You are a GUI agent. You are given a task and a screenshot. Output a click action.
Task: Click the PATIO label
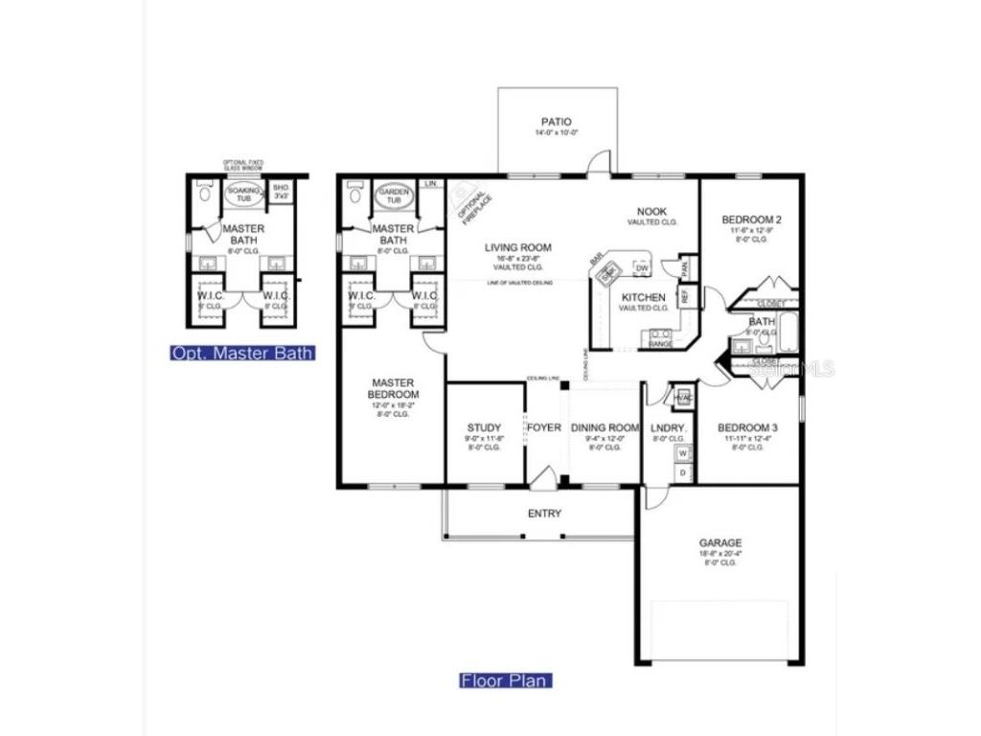click(556, 122)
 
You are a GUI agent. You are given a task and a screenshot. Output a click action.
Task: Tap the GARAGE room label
click(719, 543)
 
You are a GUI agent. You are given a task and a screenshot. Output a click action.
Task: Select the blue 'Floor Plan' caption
click(506, 681)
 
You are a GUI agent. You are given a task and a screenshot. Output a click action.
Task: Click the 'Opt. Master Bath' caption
click(242, 353)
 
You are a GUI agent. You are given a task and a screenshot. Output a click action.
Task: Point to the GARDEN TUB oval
click(393, 195)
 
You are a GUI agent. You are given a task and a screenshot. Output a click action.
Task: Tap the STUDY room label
click(485, 427)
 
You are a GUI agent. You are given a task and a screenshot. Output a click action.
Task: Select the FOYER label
click(544, 427)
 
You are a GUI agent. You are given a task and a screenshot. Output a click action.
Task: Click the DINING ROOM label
click(605, 427)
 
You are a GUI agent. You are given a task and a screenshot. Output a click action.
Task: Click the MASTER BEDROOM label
click(394, 388)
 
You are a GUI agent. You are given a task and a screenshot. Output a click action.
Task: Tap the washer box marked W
click(683, 454)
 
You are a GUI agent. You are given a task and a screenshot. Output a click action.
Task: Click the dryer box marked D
click(683, 472)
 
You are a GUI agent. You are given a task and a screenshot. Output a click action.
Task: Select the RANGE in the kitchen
click(661, 336)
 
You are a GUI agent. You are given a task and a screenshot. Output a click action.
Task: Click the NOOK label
click(652, 212)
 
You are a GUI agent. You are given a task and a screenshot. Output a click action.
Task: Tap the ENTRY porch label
click(544, 514)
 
